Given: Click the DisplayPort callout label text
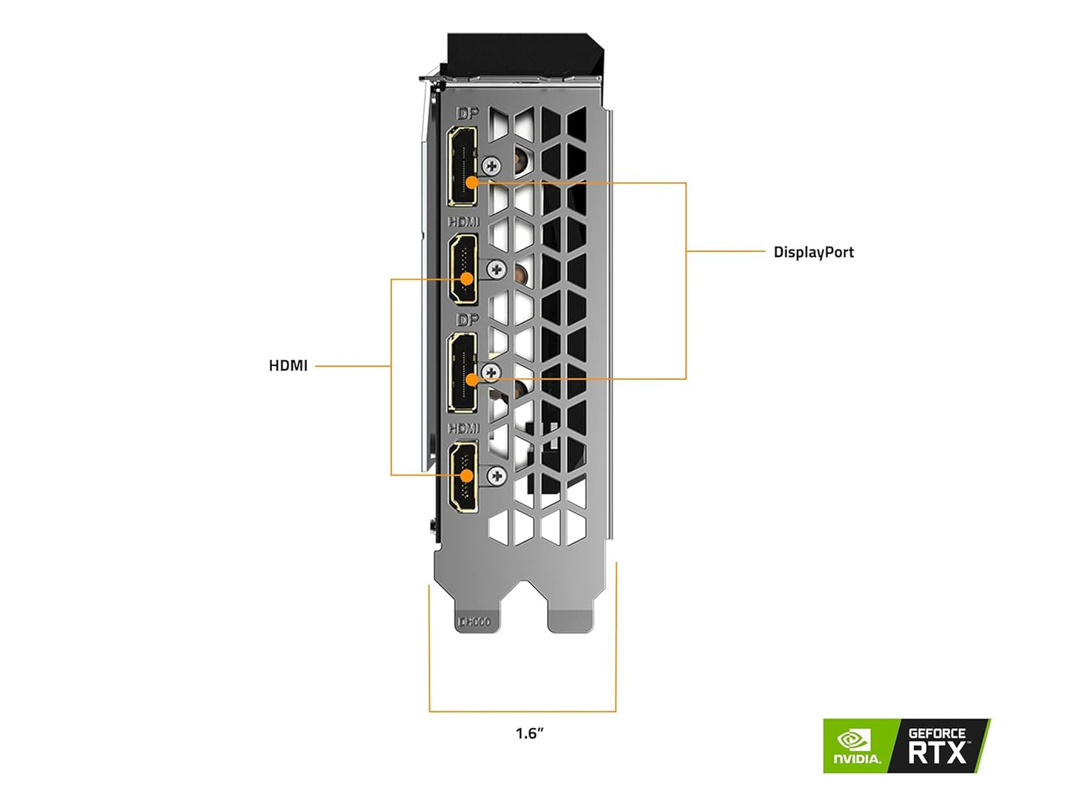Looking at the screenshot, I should [813, 252].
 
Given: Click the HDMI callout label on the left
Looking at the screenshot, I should [288, 365].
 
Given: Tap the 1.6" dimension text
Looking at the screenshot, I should [529, 733].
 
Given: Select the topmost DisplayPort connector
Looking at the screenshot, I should [462, 166].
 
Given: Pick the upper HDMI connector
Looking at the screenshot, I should [463, 268].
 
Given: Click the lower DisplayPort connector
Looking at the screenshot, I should [462, 372].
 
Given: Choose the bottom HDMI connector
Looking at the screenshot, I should [463, 475].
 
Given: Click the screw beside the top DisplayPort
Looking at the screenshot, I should [491, 165].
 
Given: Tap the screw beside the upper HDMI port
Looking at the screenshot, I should [497, 270].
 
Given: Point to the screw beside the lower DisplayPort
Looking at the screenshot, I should [490, 372].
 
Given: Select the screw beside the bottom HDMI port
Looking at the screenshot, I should [497, 476].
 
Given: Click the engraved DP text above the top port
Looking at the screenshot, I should [468, 113].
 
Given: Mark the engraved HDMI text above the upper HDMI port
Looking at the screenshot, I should [463, 221].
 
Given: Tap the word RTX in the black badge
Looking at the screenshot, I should [938, 753].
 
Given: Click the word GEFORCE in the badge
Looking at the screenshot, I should [937, 733].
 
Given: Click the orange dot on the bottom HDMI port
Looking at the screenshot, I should [466, 475].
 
